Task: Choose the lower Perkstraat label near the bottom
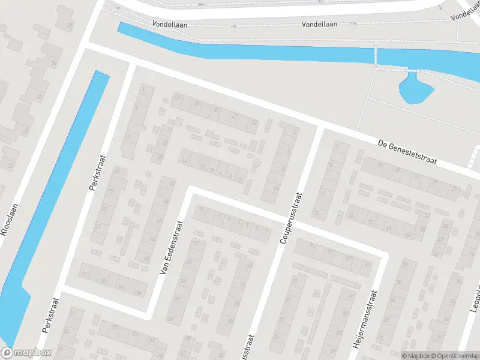click(50, 316)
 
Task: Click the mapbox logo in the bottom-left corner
click(26, 353)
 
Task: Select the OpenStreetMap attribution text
click(455, 356)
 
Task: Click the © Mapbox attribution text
click(416, 356)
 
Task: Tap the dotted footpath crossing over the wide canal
click(376, 57)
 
